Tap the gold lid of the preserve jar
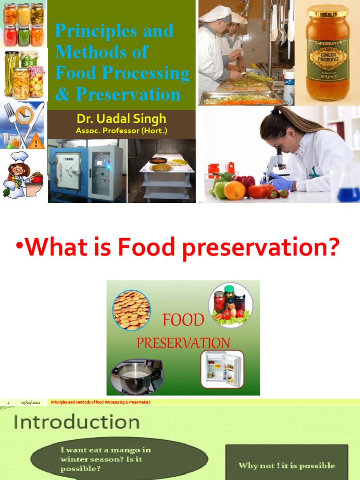(327, 11)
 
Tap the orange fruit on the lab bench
(234, 190)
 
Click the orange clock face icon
(24, 114)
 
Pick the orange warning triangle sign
(36, 142)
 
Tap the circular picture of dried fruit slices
(131, 309)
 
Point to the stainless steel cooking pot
(135, 376)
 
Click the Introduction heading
(76, 422)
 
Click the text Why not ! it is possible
(286, 465)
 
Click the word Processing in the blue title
(151, 74)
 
